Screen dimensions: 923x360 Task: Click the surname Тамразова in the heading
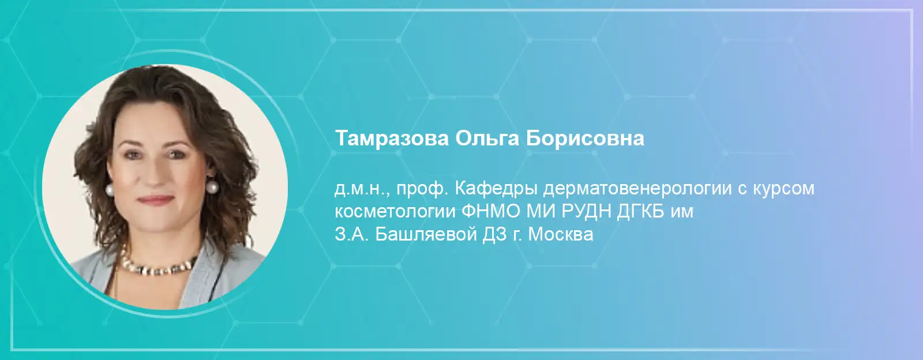[x=392, y=138]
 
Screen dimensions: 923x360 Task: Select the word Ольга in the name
[x=487, y=139]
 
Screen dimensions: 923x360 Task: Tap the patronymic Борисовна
[x=585, y=139]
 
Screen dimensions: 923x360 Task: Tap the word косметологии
[x=395, y=212]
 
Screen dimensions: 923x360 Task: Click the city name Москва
[x=561, y=235]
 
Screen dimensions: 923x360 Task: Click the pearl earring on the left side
[x=110, y=189]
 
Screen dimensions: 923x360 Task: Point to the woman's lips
[x=155, y=200]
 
